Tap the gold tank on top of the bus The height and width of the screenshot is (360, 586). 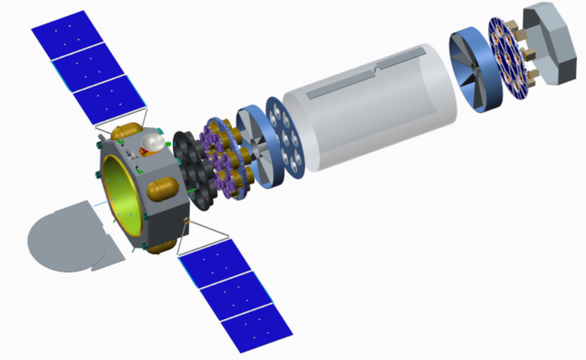pos(127,132)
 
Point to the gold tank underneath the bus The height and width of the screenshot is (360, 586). pos(161,248)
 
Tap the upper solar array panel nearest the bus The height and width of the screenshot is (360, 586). pos(110,100)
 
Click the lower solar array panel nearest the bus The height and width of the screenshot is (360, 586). pos(215,262)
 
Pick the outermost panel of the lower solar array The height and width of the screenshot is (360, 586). pos(257,328)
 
